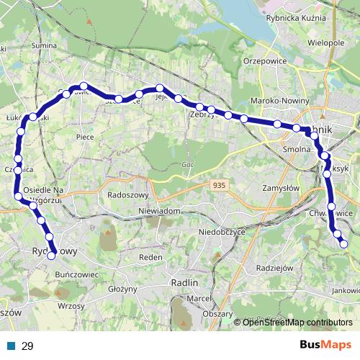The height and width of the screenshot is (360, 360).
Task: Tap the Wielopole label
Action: click(x=325, y=43)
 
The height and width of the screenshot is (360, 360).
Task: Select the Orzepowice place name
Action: click(x=265, y=62)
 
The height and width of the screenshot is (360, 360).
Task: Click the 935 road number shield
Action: click(x=221, y=186)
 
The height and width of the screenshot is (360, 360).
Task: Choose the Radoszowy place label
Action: click(x=127, y=195)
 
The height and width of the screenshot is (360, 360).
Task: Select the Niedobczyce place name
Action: click(x=222, y=233)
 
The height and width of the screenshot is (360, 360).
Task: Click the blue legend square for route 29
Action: click(x=12, y=346)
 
